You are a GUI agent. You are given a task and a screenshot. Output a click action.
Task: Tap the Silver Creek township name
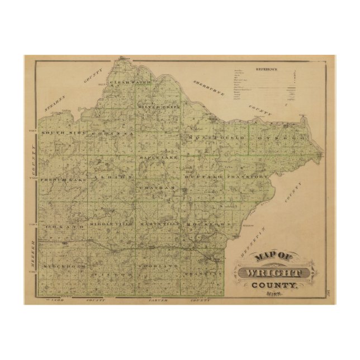tap(158, 106)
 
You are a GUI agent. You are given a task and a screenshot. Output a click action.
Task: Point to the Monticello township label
tap(217, 137)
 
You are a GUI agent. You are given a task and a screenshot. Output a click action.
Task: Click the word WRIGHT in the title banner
tap(273, 273)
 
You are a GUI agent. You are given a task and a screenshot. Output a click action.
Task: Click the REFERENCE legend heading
tap(267, 69)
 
